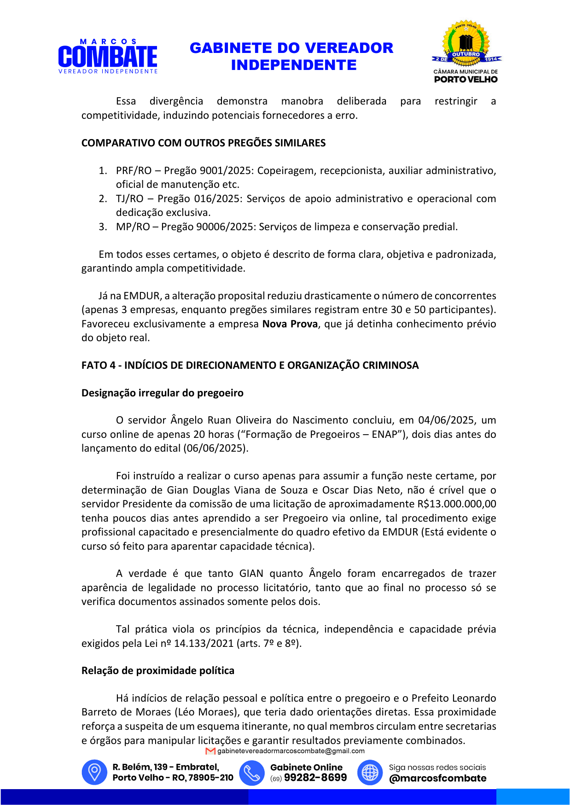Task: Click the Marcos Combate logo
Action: pyautogui.click(x=108, y=57)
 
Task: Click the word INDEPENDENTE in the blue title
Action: pyautogui.click(x=294, y=65)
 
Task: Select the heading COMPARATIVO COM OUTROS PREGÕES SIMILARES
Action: pyautogui.click(x=204, y=143)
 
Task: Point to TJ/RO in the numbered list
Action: pyautogui.click(x=130, y=199)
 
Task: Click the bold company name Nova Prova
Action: pyautogui.click(x=290, y=324)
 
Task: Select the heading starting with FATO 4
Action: pyautogui.click(x=250, y=366)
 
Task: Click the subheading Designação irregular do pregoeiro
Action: pyautogui.click(x=163, y=393)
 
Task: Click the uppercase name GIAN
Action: pyautogui.click(x=251, y=574)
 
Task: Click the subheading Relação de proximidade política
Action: pyautogui.click(x=158, y=671)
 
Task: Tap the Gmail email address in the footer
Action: pyautogui.click(x=291, y=751)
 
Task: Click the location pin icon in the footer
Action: pyautogui.click(x=94, y=772)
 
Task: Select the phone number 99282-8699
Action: pyautogui.click(x=315, y=778)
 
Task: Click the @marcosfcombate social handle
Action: pyautogui.click(x=437, y=779)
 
